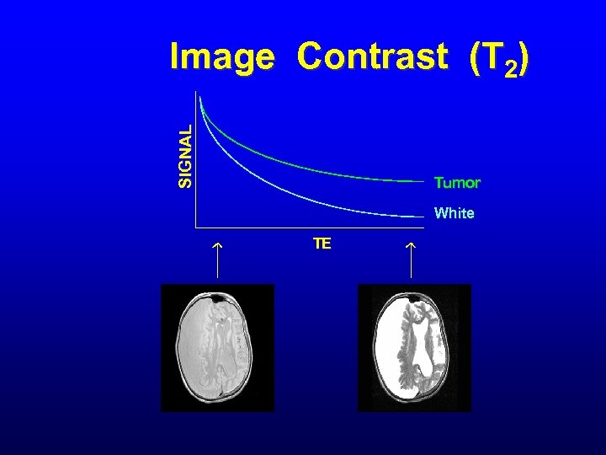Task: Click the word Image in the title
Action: pyautogui.click(x=221, y=58)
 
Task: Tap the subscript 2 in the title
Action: pyautogui.click(x=511, y=67)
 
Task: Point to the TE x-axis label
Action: pyautogui.click(x=322, y=244)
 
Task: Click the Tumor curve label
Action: pyautogui.click(x=457, y=183)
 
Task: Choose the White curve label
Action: pyautogui.click(x=454, y=213)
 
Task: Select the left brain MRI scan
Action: pyautogui.click(x=217, y=347)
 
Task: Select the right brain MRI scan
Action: pyautogui.click(x=414, y=347)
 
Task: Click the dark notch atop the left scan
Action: pyautogui.click(x=219, y=297)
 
